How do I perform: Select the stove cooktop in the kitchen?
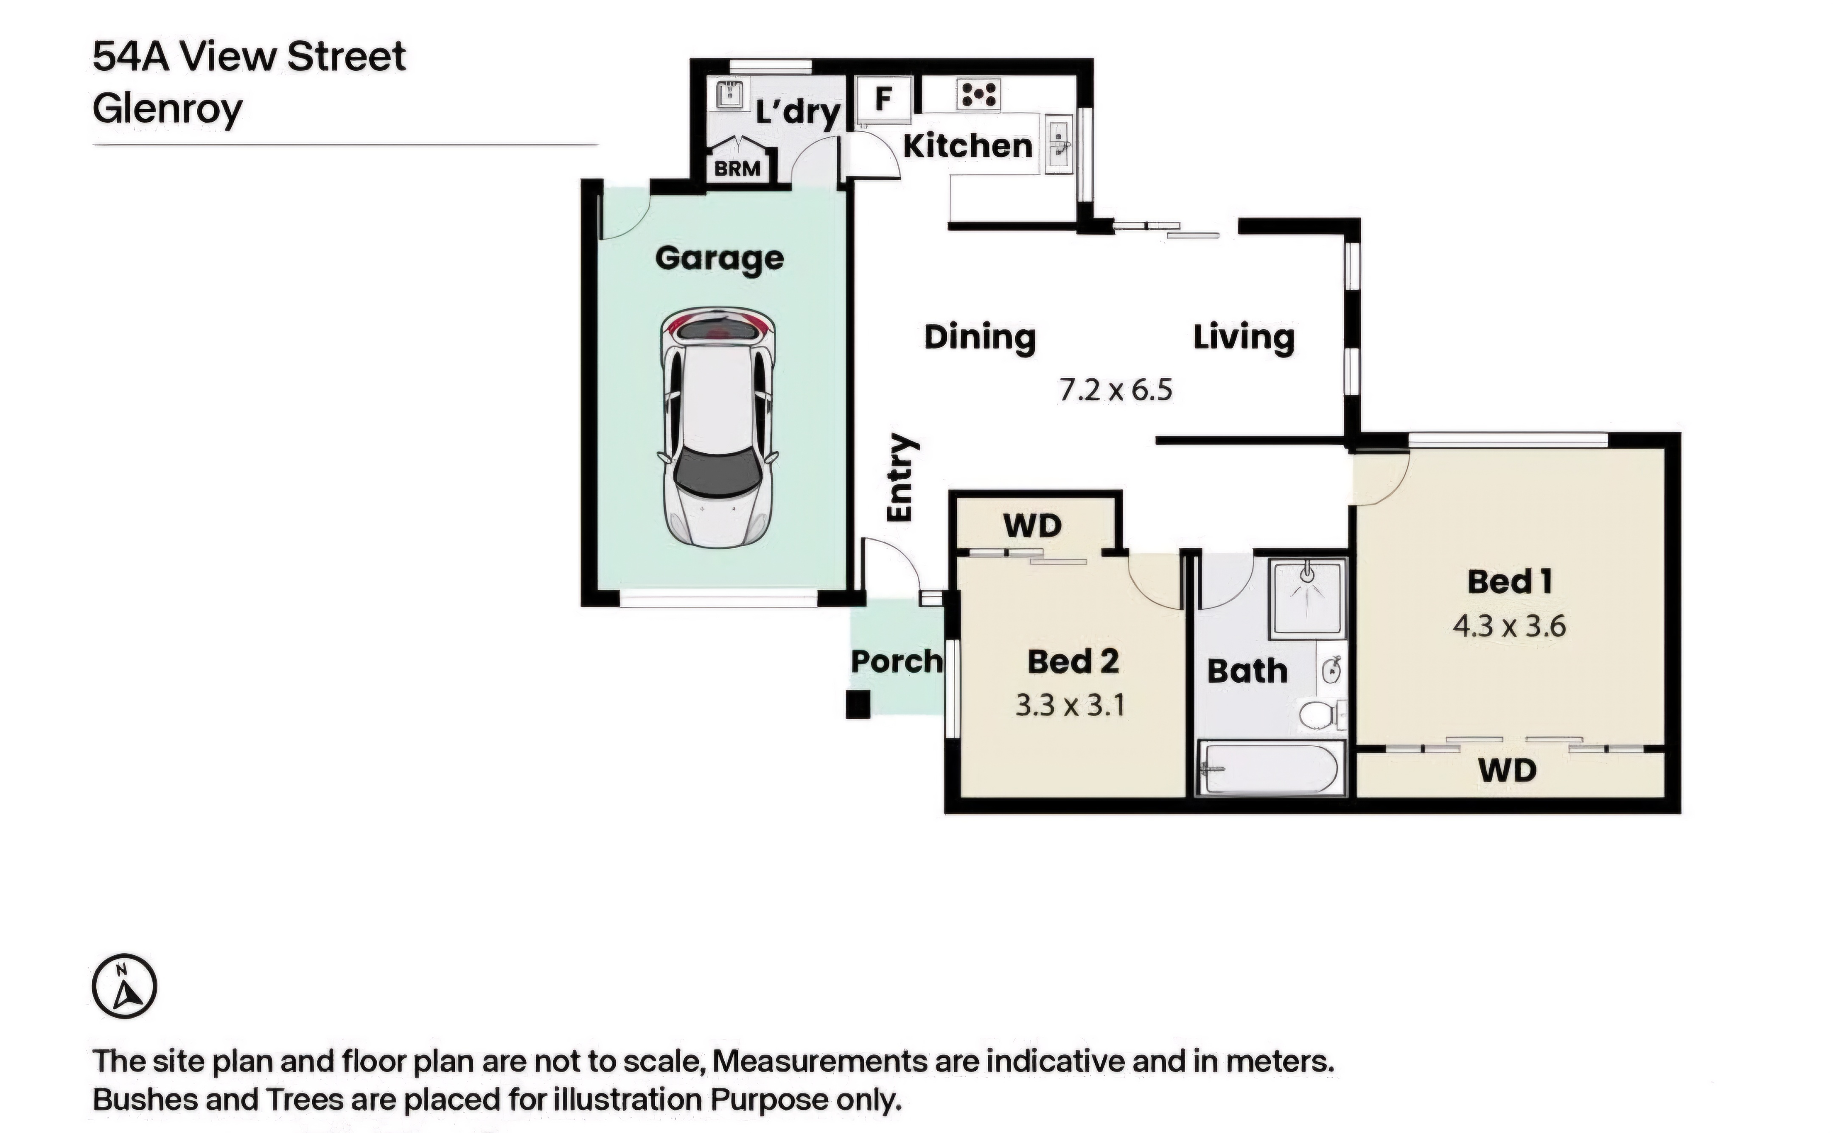[x=978, y=95]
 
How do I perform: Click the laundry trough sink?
[x=728, y=95]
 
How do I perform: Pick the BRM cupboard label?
[x=737, y=169]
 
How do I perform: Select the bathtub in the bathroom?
[x=1269, y=768]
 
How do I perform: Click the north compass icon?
[x=124, y=986]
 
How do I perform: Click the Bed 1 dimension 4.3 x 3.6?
[x=1509, y=626]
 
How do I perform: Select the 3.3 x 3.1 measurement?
[x=1070, y=705]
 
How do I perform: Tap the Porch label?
[x=897, y=661]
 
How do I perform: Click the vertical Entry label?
[x=900, y=477]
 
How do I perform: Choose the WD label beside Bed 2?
[x=1032, y=526]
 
